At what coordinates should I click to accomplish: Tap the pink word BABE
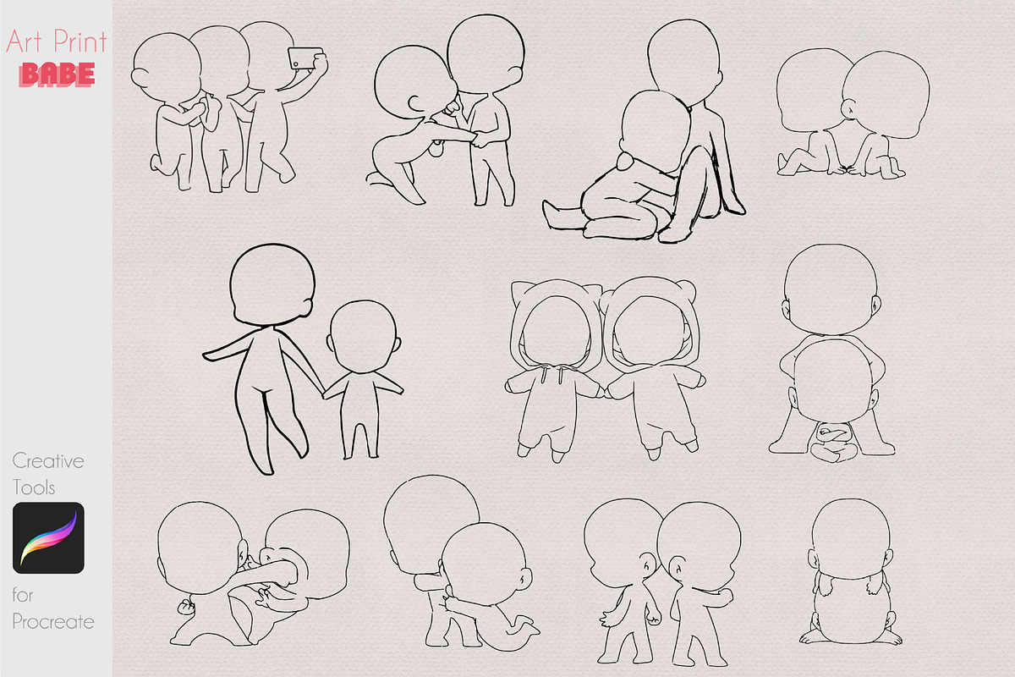tap(58, 74)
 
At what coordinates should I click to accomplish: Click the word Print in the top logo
tap(80, 41)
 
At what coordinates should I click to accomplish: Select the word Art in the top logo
tap(25, 41)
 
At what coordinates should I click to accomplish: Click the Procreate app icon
tap(48, 537)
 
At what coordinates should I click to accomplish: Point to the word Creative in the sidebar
tap(48, 461)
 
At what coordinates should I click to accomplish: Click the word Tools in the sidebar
tap(34, 488)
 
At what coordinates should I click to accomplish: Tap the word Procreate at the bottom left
tap(53, 622)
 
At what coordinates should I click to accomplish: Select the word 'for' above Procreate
tap(23, 595)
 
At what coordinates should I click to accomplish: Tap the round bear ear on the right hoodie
tap(687, 289)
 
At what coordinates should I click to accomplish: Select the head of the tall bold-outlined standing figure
tap(272, 285)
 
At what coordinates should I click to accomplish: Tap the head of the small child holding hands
tap(363, 337)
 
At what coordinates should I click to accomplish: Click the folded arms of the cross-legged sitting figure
tap(833, 433)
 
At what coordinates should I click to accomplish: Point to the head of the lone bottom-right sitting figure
tap(851, 539)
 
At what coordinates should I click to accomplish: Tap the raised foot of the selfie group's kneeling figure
tap(156, 163)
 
